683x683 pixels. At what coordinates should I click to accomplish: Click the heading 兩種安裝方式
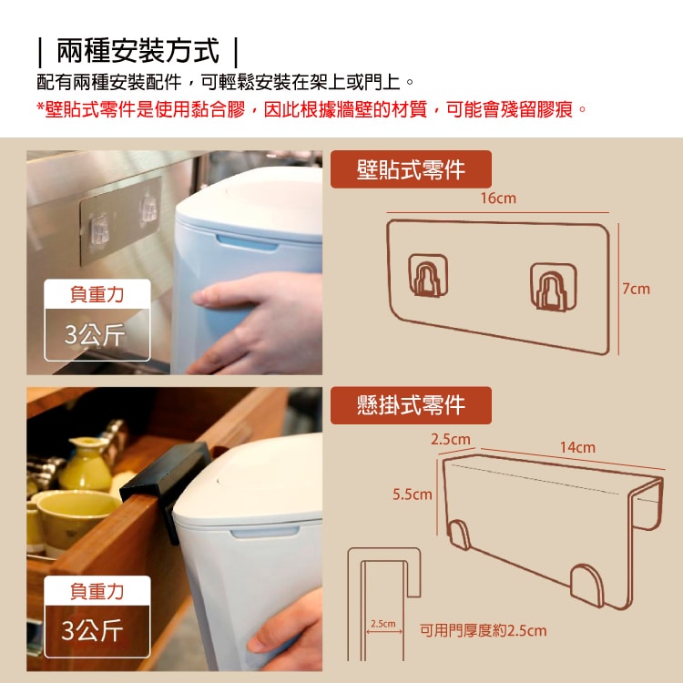[138, 51]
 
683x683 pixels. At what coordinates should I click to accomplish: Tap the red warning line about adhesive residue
[311, 109]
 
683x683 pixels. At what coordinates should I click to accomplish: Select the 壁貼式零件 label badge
[411, 169]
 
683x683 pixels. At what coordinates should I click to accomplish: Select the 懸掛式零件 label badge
[411, 405]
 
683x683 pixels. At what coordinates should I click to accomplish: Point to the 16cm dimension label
[498, 199]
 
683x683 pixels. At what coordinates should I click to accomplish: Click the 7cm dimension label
[636, 289]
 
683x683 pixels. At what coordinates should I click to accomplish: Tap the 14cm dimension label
[577, 447]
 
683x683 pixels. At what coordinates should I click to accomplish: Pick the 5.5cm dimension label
[413, 494]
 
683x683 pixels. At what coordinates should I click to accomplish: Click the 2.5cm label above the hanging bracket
[451, 439]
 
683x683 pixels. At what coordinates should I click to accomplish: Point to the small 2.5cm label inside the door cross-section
[383, 624]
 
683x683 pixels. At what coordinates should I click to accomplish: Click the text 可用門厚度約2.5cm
[483, 630]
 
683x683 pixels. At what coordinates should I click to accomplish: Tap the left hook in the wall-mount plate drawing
[428, 275]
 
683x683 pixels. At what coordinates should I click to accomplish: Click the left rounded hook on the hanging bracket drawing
[459, 535]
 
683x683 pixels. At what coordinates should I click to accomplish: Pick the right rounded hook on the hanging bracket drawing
[586, 586]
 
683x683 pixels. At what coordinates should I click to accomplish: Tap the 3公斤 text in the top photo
[95, 334]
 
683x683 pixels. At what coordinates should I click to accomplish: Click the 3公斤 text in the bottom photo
[92, 630]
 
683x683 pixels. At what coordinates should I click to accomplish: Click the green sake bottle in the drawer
[86, 464]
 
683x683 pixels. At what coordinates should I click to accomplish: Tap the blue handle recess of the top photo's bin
[247, 242]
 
